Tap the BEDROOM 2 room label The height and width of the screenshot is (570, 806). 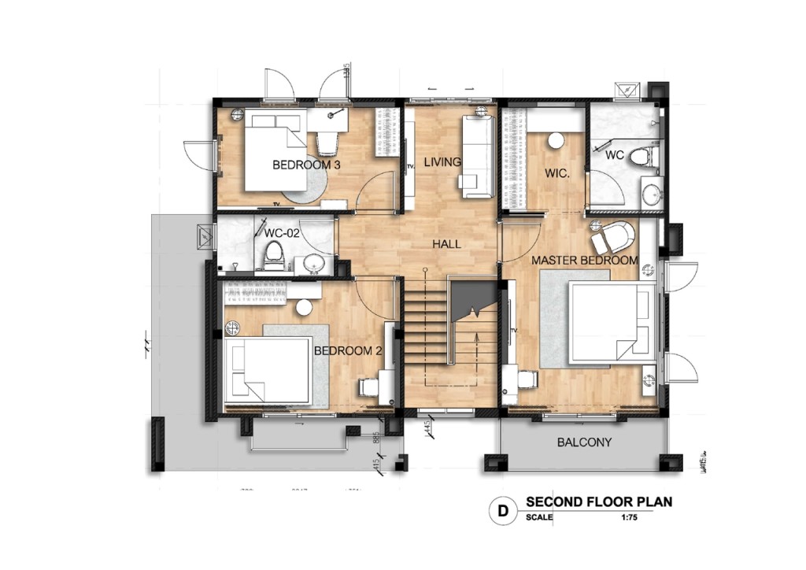point(347,351)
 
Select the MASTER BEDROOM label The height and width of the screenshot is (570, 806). point(584,260)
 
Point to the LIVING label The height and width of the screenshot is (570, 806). point(442,163)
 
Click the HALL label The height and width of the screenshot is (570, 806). point(446,244)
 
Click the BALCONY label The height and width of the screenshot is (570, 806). point(584,442)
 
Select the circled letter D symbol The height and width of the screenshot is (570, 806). point(501,510)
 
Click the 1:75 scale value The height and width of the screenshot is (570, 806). point(627,517)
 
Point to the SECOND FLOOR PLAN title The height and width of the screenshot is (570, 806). point(599,502)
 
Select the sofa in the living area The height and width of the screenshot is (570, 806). point(477,156)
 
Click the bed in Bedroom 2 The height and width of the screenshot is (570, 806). point(268,370)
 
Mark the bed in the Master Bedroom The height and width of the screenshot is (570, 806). point(612,323)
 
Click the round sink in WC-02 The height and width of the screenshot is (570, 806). point(313,265)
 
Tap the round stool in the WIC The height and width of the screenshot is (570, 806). point(556,141)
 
